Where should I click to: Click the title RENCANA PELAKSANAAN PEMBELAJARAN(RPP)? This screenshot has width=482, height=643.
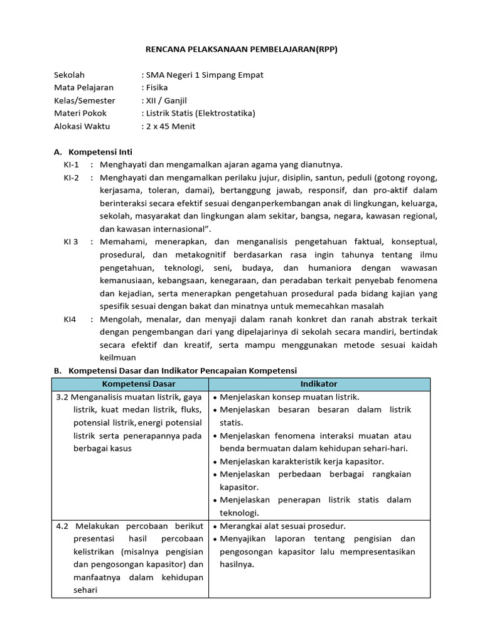[x=241, y=50]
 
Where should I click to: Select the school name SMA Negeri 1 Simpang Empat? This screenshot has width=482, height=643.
[x=204, y=75]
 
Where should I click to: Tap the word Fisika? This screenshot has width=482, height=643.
[x=156, y=87]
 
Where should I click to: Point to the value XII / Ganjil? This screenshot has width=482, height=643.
[x=166, y=100]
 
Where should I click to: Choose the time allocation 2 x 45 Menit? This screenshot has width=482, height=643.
[x=170, y=126]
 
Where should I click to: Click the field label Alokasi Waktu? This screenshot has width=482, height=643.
[x=82, y=126]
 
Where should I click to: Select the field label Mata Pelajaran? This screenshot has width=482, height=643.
[x=83, y=87]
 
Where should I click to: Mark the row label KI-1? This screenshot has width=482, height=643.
[x=71, y=165]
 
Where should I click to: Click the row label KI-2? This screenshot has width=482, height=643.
[x=71, y=178]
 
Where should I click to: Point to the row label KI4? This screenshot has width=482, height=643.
[x=70, y=319]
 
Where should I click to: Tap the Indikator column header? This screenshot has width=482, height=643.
[x=319, y=384]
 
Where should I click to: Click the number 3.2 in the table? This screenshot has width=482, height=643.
[x=62, y=397]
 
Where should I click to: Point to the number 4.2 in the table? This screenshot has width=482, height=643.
[x=63, y=526]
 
